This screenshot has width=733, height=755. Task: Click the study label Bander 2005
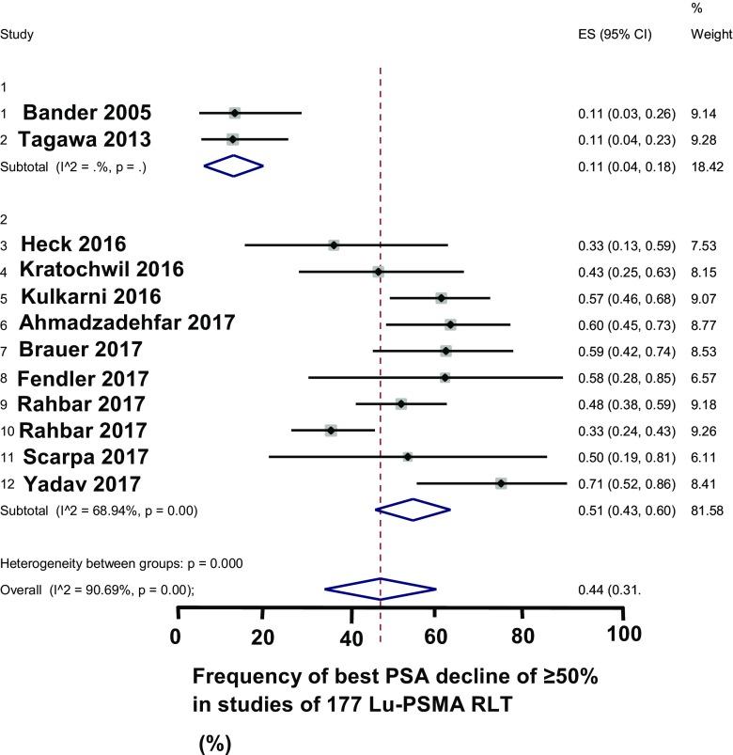(x=86, y=113)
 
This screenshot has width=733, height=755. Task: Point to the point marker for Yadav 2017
(x=501, y=483)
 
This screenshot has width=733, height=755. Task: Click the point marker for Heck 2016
(x=334, y=244)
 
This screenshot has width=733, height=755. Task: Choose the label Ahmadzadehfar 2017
(x=128, y=323)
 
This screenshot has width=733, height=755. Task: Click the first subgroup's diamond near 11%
(x=234, y=165)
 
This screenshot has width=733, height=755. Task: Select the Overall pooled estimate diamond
(x=381, y=590)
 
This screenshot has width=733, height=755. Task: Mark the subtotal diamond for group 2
(x=413, y=510)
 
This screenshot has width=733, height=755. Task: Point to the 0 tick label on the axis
(x=176, y=634)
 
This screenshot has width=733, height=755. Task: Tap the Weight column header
(x=711, y=35)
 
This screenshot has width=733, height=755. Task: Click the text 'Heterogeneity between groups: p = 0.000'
(x=122, y=564)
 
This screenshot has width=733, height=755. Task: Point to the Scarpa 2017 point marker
(x=407, y=457)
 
